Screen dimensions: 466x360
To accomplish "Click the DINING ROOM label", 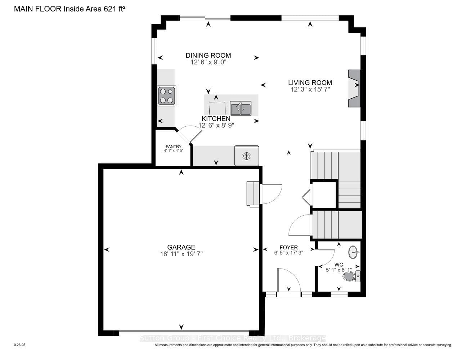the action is point(208,55).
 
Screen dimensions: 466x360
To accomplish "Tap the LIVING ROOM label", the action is point(310,82).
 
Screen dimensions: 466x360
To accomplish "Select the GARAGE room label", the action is point(181,247).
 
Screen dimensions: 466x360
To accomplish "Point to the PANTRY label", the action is point(174,147).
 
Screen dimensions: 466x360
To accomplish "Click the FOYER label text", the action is point(288,248).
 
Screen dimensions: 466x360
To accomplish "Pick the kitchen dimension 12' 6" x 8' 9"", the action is point(216,125).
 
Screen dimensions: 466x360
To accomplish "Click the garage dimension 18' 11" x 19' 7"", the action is point(181,254).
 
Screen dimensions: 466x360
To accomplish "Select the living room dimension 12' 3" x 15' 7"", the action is point(310,89).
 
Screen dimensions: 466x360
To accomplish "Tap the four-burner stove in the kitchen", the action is point(167,96).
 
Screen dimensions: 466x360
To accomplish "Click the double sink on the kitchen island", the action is point(241,108).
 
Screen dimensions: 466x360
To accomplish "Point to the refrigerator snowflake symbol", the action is point(246,156).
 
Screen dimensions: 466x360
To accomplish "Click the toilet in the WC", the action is point(351,276).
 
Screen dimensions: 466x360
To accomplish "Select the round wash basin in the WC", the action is point(354,252).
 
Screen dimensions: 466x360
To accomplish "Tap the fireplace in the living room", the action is point(354,88).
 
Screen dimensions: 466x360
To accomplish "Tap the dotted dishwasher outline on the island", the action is point(217,109).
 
